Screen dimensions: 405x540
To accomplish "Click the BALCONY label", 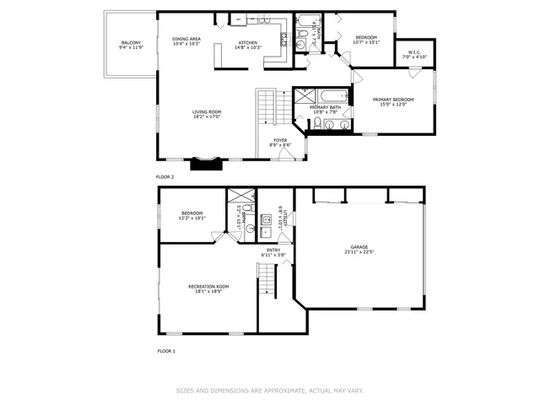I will [131, 43].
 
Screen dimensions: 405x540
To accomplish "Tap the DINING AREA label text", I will [186, 39].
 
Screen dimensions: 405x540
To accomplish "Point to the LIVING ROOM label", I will [207, 111].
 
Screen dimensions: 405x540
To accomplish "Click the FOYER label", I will [279, 140].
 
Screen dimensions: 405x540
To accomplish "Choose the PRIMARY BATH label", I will [325, 108].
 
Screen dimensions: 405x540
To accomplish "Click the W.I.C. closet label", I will [413, 52].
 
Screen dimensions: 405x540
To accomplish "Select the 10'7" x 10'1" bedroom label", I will [366, 42].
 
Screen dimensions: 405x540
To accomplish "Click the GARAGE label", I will [360, 247].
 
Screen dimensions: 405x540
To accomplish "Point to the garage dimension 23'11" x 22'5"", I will [360, 252].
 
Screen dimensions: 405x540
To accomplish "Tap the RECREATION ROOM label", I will [208, 286].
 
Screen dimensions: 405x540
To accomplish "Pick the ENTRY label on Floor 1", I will [274, 250].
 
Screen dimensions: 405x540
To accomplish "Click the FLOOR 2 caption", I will [165, 177].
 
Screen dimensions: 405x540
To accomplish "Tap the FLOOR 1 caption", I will [165, 350].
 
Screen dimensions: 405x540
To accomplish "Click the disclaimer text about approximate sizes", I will [269, 391].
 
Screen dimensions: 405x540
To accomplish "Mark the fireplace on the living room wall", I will [204, 164].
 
